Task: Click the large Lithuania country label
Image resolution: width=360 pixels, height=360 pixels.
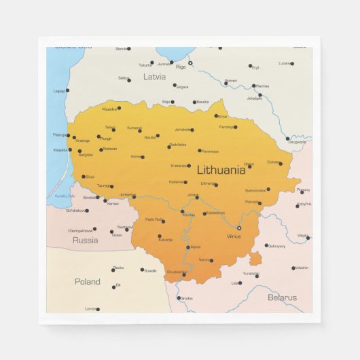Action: [x=221, y=170]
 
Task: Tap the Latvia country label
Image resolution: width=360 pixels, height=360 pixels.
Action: [x=154, y=77]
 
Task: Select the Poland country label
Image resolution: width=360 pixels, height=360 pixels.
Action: [x=87, y=281]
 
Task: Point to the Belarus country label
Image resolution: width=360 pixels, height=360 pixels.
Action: [x=282, y=298]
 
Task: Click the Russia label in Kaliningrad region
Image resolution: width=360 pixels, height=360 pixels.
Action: [x=85, y=240]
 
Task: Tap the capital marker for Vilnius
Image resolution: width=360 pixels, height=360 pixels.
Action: [x=239, y=228]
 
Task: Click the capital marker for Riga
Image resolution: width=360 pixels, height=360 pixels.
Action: [x=190, y=63]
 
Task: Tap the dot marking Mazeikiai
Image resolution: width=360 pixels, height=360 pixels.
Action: [x=120, y=107]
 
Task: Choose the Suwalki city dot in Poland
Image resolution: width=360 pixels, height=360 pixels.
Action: [x=142, y=270]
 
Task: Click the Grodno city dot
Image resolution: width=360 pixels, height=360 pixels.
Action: [x=179, y=298]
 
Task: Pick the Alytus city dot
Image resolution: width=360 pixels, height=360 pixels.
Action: [x=188, y=247]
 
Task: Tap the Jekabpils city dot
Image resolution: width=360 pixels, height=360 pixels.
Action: [x=259, y=94]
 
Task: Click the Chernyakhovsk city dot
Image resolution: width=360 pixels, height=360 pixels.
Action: [x=94, y=230]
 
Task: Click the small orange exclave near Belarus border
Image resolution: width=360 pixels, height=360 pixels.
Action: [x=255, y=259]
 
